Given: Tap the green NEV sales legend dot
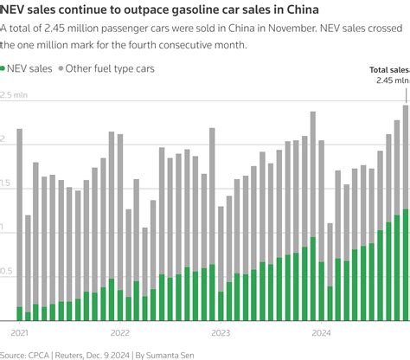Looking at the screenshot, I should tap(6, 68).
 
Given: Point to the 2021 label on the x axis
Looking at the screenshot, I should tap(19, 332).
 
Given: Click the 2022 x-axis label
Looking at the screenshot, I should tap(119, 332).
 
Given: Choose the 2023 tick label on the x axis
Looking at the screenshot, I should tap(221, 332).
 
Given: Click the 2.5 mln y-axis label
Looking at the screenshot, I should tap(15, 95).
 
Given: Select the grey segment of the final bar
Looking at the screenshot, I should tap(406, 157).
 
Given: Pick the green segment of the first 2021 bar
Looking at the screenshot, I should tap(19, 314).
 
